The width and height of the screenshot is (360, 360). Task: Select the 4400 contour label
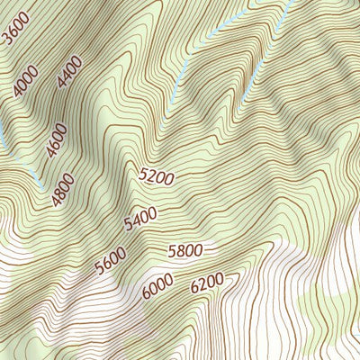click(x=69, y=71)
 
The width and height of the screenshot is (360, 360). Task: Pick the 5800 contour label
click(x=185, y=250)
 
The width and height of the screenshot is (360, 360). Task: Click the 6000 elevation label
click(x=157, y=286)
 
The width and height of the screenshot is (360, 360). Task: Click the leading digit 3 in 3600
click(x=8, y=39)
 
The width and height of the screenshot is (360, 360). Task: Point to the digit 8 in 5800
click(x=180, y=250)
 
